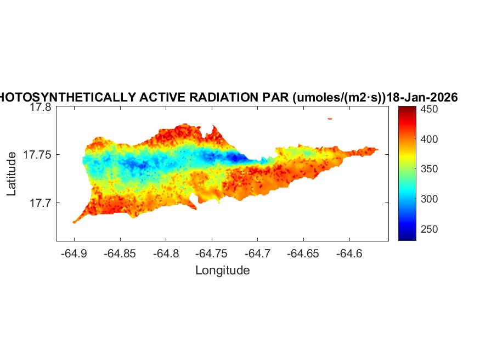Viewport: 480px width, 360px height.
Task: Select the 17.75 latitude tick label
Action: click(38, 155)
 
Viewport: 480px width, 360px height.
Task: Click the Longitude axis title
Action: click(222, 270)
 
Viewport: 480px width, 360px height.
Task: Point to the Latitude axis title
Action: click(11, 175)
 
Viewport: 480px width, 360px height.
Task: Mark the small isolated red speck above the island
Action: click(330, 118)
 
